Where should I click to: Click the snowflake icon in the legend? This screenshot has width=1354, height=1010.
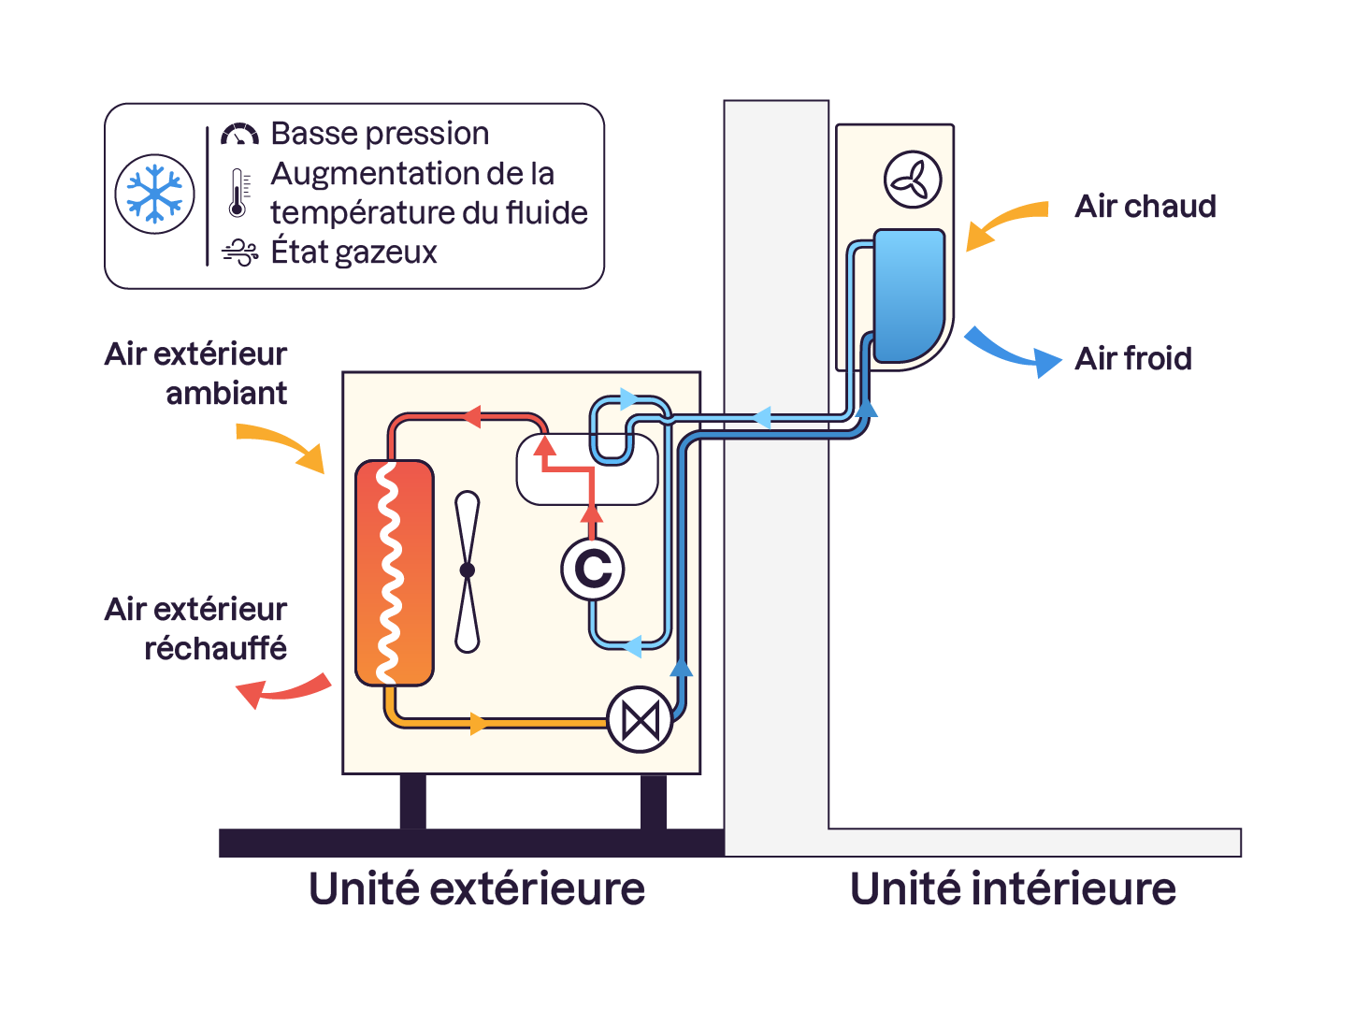point(154,194)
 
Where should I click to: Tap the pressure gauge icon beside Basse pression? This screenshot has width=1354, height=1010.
point(239,135)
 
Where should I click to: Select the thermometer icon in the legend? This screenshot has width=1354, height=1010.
point(238,194)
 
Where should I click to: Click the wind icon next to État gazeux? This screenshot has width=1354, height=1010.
point(239,252)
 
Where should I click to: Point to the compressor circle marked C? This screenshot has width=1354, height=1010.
point(593,569)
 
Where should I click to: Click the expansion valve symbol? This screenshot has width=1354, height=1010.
point(641,720)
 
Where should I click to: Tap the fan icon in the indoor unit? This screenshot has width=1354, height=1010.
point(913,179)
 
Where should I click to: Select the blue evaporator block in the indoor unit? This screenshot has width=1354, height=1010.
point(908,295)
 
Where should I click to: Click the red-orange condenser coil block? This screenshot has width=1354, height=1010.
point(395,572)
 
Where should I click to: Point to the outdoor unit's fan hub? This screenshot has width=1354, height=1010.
point(468,570)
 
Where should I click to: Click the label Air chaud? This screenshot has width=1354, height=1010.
point(1145,206)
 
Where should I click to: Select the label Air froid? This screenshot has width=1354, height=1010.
point(1133,358)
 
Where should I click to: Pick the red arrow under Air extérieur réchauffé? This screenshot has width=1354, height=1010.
point(281,691)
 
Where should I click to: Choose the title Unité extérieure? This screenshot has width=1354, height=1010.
point(477,888)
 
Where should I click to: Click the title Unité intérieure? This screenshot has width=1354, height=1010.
point(1013,888)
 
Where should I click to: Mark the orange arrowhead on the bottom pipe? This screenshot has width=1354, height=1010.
point(479,723)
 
